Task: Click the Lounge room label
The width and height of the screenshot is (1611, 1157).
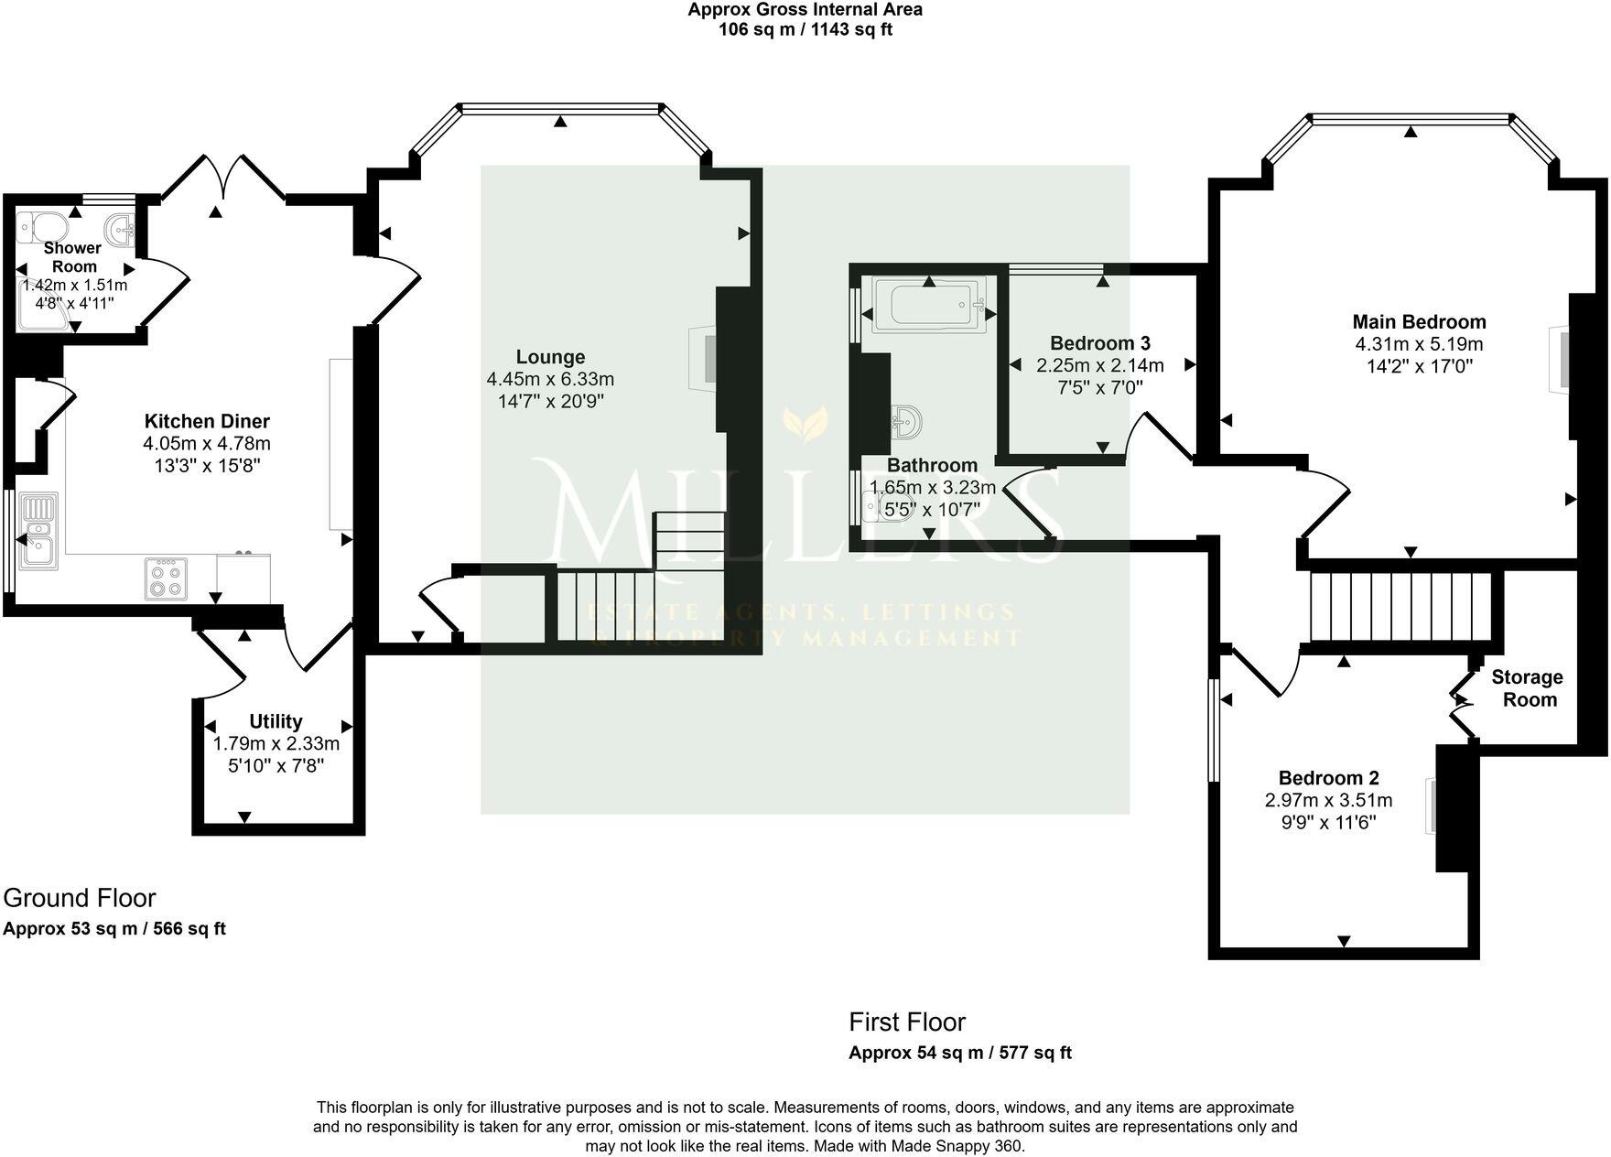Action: point(550,357)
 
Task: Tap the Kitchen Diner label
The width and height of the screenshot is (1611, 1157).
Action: point(207,421)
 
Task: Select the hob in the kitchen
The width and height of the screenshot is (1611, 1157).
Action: point(166,578)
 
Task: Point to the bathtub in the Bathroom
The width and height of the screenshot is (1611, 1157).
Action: point(928,304)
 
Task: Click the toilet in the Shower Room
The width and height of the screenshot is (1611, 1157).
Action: point(42,225)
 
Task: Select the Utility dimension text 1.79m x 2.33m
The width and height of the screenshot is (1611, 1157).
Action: point(276,743)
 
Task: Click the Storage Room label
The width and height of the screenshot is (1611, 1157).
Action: point(1527,688)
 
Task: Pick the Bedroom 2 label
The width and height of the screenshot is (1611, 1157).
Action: point(1328,778)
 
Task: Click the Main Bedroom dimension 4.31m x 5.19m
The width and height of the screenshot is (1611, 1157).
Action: point(1419,345)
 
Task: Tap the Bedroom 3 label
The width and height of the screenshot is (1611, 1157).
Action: point(1099,343)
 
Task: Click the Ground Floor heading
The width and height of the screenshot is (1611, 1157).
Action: point(80,898)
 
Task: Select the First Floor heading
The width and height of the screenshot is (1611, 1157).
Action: point(907,1022)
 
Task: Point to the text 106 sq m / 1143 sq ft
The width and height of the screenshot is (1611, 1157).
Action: point(805,29)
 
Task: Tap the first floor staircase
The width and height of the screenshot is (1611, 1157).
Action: point(1400,607)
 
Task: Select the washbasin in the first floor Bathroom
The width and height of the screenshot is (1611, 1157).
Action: point(905,422)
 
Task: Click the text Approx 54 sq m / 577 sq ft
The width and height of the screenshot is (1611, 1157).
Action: point(959,1053)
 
